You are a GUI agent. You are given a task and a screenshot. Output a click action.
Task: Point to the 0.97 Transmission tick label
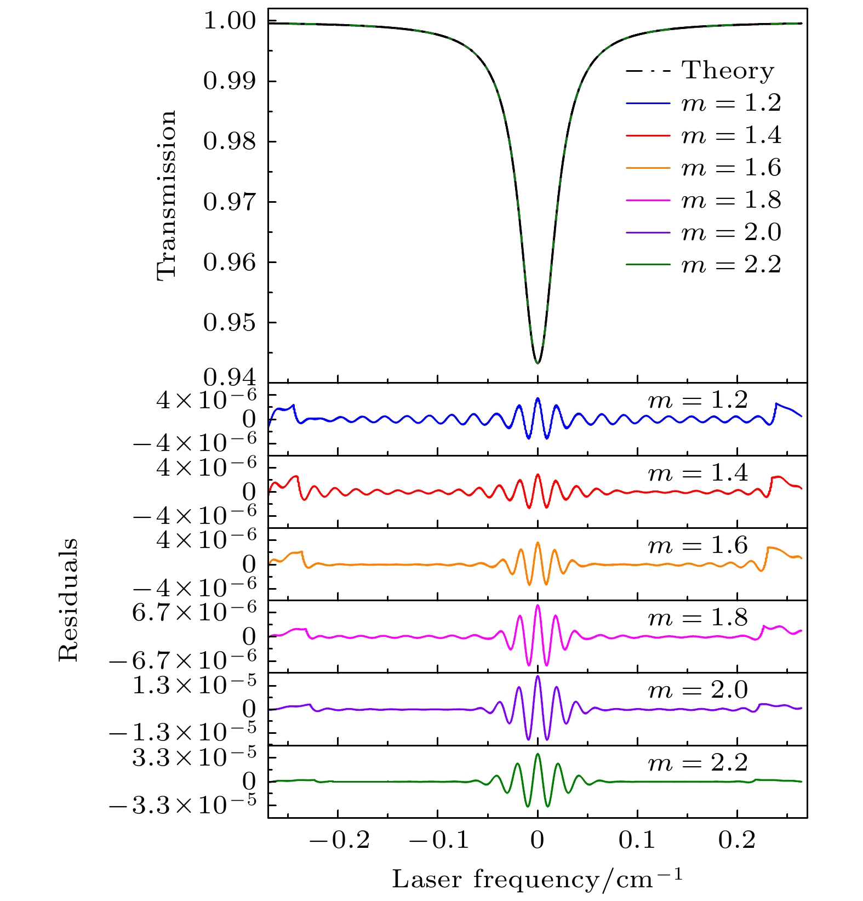point(229,202)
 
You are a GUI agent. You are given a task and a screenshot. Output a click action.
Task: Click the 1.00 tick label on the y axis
point(229,21)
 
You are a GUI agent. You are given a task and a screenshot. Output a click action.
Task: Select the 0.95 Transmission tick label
point(229,323)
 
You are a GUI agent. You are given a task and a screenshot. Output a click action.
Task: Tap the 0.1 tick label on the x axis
point(637,840)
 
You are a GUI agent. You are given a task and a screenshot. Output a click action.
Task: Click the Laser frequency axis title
point(537,879)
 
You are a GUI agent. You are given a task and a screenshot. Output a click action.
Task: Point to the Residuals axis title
point(68,600)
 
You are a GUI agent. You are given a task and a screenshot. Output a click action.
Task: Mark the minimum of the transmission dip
point(538,363)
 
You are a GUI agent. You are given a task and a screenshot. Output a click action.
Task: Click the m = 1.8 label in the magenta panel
point(698,618)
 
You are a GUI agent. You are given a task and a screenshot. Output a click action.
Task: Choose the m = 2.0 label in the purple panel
point(698,690)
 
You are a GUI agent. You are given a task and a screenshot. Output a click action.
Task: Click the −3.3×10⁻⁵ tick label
point(183,805)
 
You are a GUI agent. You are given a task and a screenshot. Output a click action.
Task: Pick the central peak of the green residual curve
point(538,754)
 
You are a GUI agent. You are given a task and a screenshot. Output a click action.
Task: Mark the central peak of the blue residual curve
point(538,398)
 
